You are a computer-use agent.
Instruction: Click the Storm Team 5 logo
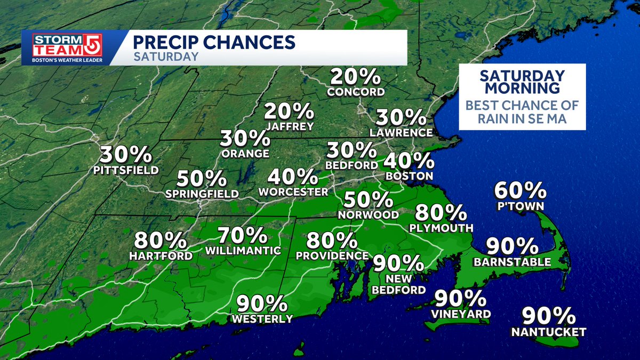click(67, 49)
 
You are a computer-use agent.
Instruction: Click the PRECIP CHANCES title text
click(213, 42)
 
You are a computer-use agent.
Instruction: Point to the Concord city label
click(356, 92)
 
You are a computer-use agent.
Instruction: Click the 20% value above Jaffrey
click(289, 112)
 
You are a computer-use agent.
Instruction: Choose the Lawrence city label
click(403, 132)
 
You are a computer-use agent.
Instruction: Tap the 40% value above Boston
click(409, 160)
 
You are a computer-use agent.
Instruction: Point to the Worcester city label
click(293, 191)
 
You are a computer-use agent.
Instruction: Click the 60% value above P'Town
click(520, 190)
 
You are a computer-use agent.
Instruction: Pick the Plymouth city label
click(442, 228)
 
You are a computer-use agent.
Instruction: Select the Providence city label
click(332, 255)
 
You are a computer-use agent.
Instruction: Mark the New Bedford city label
click(399, 284)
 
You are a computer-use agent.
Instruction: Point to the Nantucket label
click(548, 332)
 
